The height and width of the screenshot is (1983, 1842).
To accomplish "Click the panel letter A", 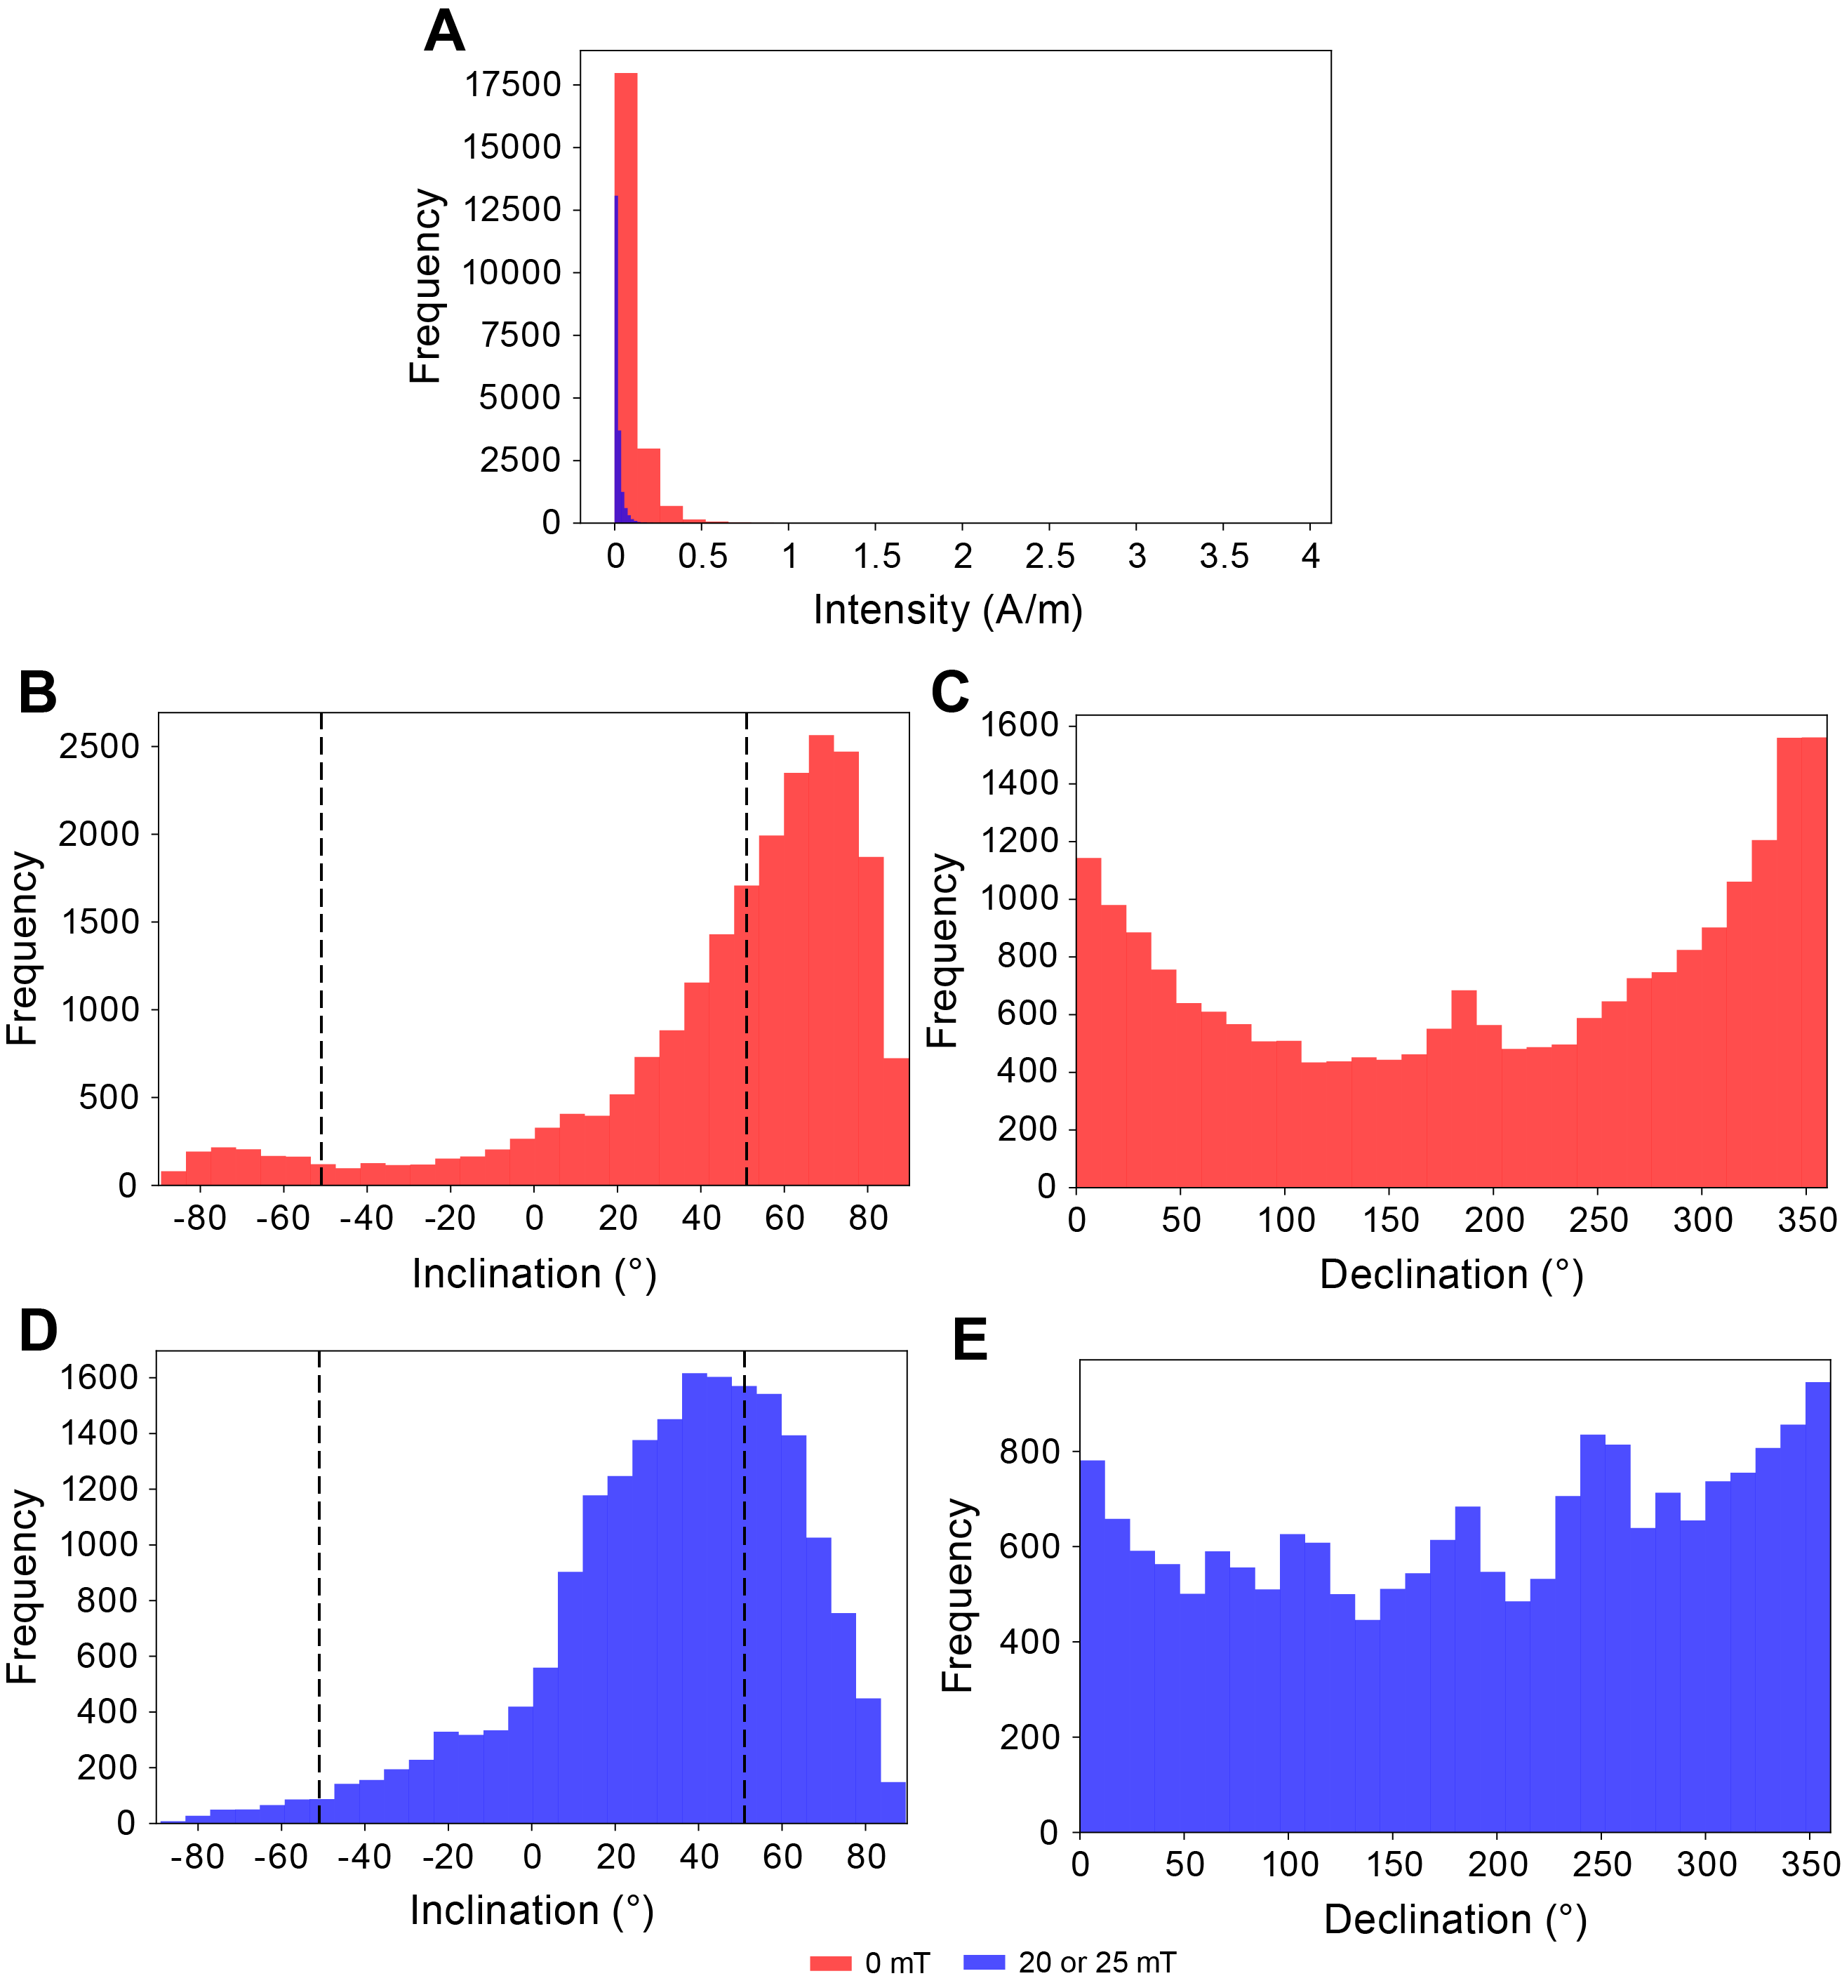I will (x=445, y=32).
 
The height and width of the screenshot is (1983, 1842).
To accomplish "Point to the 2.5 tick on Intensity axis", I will (x=1050, y=557).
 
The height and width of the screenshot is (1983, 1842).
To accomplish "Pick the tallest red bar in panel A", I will (x=626, y=299).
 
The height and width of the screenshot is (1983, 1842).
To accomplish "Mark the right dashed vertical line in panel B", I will (x=747, y=947).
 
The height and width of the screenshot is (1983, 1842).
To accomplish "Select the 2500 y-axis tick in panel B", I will (x=99, y=747).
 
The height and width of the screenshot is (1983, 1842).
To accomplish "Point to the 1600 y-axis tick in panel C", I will (x=1019, y=725).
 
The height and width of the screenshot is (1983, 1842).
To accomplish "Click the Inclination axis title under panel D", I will (x=531, y=1910).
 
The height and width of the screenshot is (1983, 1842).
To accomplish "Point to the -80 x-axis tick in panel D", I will (x=197, y=1857).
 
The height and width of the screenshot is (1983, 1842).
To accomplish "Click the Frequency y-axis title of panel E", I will (x=958, y=1595).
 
